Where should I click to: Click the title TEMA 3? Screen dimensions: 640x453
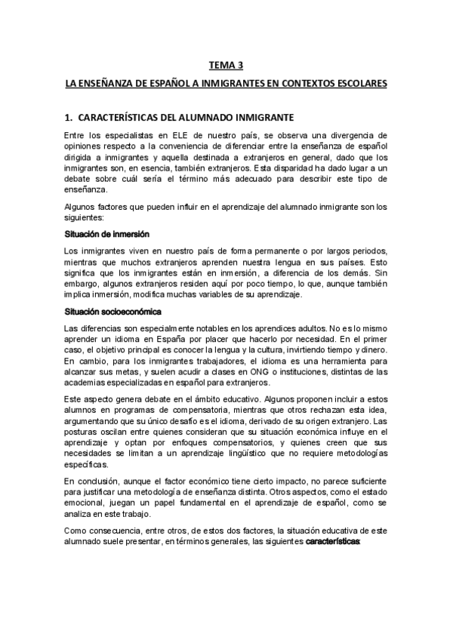click(226, 66)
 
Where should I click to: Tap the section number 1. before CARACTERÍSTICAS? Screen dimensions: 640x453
click(69, 118)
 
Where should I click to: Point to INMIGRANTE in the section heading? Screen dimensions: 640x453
click(252, 118)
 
